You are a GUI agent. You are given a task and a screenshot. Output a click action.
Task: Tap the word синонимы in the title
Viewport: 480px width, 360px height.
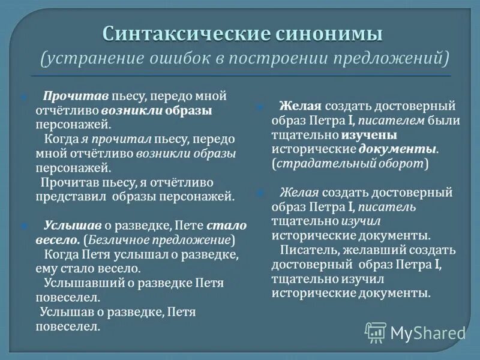(x=329, y=34)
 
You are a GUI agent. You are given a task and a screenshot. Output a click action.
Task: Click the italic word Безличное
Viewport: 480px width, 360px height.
(x=113, y=240)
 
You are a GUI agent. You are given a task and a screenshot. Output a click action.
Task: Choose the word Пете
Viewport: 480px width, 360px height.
(x=190, y=226)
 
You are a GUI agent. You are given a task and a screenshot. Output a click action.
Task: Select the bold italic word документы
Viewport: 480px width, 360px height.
(x=397, y=149)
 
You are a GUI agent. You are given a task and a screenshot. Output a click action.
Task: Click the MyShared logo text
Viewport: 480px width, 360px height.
(x=428, y=332)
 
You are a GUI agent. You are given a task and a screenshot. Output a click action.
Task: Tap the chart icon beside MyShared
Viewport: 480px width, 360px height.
(x=376, y=332)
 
